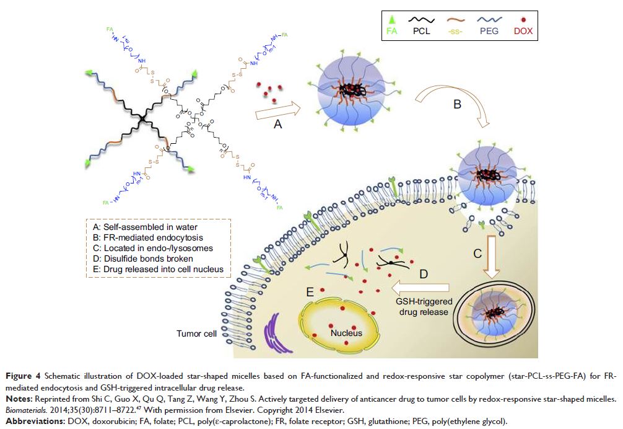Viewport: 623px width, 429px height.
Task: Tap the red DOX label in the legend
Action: click(523, 30)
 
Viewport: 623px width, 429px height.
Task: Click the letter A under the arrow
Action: click(278, 124)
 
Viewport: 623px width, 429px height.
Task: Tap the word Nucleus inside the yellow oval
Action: click(346, 333)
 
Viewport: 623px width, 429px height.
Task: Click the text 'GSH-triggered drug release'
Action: click(424, 306)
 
